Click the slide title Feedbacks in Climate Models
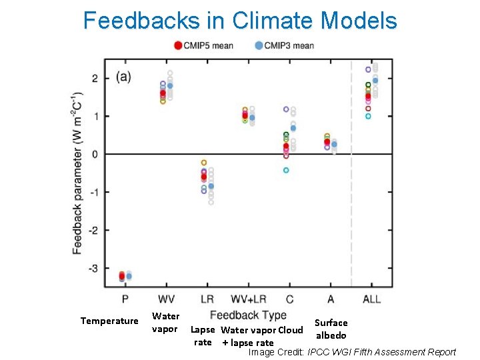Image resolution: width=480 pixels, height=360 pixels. (240, 21)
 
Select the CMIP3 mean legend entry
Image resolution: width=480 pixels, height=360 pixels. (284, 45)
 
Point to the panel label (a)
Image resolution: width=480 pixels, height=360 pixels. (123, 76)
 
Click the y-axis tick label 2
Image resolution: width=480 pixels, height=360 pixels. (95, 79)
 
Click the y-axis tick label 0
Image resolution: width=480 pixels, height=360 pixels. (95, 155)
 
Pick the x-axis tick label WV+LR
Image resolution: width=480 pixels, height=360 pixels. (248, 299)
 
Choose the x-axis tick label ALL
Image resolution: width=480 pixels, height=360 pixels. (371, 299)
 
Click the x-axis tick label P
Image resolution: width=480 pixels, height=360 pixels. (125, 299)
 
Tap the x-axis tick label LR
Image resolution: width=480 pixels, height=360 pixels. (207, 299)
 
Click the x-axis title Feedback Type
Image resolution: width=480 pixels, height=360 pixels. (248, 315)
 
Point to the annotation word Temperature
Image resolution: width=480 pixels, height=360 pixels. (109, 321)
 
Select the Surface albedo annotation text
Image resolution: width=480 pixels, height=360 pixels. (331, 329)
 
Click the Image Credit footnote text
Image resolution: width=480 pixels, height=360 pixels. (352, 352)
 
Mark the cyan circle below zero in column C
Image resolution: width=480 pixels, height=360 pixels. (286, 170)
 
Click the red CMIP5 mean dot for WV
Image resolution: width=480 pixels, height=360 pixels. (163, 94)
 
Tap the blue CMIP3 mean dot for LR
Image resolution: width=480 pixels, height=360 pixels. (211, 186)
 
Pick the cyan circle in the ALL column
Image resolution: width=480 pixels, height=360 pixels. (367, 116)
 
